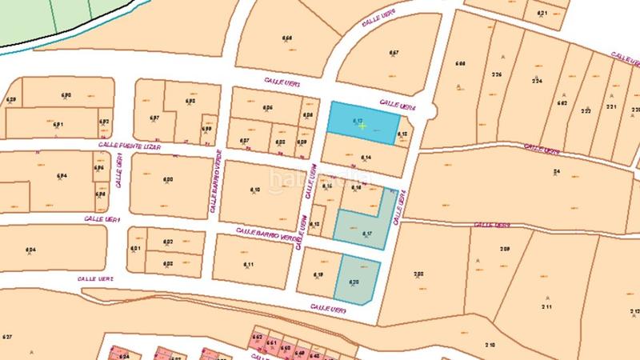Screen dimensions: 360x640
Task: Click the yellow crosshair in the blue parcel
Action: click(x=362, y=126)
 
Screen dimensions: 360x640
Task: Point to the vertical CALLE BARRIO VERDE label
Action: click(x=214, y=183)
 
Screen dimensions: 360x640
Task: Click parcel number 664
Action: click(x=287, y=38)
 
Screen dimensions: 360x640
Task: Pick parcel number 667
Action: click(x=394, y=53)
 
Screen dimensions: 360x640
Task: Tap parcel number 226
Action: click(x=497, y=74)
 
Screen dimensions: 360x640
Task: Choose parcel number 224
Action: click(x=536, y=81)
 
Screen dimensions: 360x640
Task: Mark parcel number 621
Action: click(x=542, y=14)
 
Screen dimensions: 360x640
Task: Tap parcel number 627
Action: click(x=7, y=335)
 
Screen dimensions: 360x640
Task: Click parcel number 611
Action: click(x=248, y=265)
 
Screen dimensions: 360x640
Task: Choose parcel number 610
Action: click(x=256, y=189)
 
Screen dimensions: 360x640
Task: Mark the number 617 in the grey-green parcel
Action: click(x=367, y=234)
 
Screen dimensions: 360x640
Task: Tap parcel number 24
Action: click(x=556, y=172)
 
